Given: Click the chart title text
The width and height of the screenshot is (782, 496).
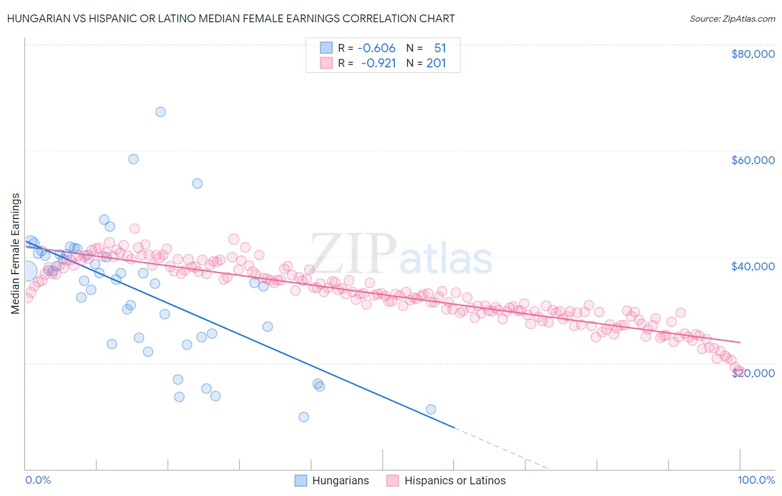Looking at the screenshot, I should (230, 18).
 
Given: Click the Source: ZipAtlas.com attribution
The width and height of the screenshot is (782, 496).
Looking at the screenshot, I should (732, 18).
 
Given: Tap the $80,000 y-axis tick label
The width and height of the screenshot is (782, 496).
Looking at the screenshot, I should (753, 54).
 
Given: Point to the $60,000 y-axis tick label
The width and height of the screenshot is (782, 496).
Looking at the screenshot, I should (753, 160).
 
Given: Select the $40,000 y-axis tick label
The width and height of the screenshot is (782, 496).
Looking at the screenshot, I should (753, 266).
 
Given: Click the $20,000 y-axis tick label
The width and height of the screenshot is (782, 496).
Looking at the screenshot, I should (753, 373).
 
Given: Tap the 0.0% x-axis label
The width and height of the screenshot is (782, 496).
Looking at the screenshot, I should (38, 480).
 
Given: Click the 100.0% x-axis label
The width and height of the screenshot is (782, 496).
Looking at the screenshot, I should (756, 480).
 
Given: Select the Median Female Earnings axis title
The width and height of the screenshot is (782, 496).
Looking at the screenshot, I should (16, 254).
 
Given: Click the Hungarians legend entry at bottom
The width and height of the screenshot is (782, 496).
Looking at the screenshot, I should (332, 480).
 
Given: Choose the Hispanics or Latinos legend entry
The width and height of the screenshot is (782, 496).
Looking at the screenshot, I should (447, 480).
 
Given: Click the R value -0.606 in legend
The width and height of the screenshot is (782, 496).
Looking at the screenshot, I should (377, 48).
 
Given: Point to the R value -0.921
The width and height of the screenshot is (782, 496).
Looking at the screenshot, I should (378, 63).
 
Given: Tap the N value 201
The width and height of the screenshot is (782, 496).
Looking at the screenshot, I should (436, 63).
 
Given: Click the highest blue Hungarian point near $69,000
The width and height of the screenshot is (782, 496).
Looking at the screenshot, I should (160, 112).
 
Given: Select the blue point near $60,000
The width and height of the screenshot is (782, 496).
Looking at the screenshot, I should (133, 159).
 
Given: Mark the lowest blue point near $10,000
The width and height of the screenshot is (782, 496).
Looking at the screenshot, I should (304, 417).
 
